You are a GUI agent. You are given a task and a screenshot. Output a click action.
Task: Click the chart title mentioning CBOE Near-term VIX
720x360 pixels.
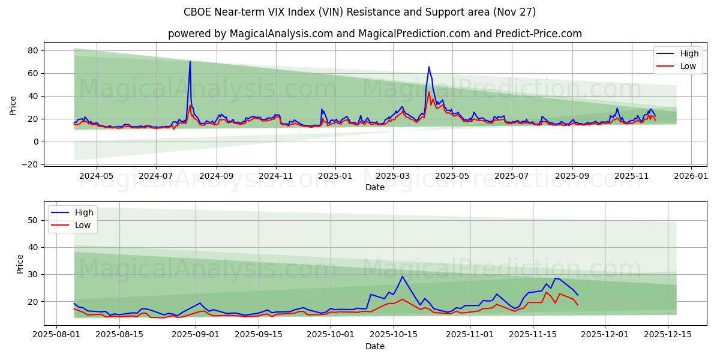point(359,12)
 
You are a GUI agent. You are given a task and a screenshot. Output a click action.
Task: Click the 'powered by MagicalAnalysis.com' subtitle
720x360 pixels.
point(374,34)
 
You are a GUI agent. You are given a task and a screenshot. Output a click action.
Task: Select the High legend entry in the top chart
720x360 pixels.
point(678,53)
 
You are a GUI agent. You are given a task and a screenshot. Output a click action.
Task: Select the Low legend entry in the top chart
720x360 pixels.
point(678,66)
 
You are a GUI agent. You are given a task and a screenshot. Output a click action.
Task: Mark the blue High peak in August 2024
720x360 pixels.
point(190,62)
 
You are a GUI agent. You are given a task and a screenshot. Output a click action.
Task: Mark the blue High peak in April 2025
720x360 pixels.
point(428,67)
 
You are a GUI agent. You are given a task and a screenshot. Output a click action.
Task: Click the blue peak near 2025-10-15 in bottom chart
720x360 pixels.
point(402,277)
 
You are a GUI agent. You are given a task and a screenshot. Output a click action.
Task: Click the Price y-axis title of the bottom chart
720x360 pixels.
point(20,263)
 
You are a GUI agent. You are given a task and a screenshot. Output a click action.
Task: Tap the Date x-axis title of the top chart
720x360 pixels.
point(374,188)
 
